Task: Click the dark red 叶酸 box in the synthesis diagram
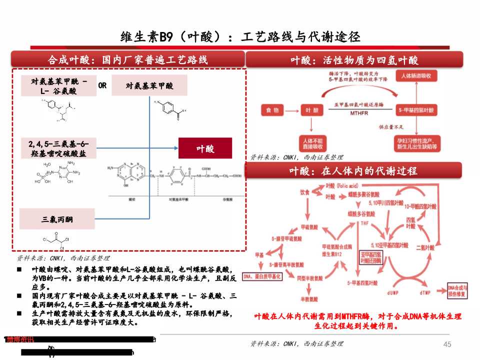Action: tap(205, 148)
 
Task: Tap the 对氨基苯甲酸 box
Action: tap(149, 85)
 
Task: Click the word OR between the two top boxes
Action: tap(102, 85)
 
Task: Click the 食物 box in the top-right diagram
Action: tap(272, 109)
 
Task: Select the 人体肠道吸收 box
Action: tap(417, 76)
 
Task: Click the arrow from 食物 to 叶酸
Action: tap(292, 109)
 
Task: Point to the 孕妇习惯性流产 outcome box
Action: tap(417, 143)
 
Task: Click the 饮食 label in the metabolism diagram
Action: tap(304, 192)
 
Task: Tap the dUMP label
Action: tap(392, 291)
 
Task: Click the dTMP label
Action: tap(425, 291)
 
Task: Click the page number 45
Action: tap(447, 344)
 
